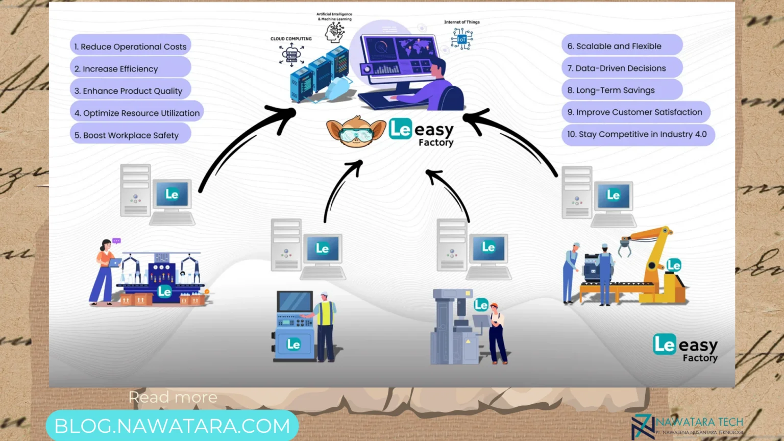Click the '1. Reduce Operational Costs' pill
click(130, 46)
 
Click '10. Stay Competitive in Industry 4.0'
click(638, 134)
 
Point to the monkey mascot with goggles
click(356, 131)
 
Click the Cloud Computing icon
click(291, 54)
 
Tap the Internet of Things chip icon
click(461, 39)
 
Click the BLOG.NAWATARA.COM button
click(172, 426)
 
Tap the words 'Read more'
click(173, 397)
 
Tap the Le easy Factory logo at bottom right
click(685, 348)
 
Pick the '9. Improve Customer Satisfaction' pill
click(635, 112)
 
